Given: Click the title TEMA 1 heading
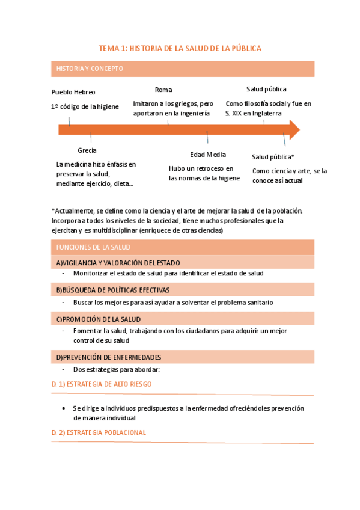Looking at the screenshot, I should click(x=180, y=48).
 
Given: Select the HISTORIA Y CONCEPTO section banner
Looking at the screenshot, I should click(x=90, y=69).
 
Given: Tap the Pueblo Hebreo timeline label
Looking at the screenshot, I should click(x=73, y=92).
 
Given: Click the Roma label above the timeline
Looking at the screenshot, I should click(x=163, y=90).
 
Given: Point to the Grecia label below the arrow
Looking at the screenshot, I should click(x=87, y=150).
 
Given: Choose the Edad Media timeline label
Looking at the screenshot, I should click(x=207, y=155).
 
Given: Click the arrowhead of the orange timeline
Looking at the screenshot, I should click(x=294, y=129).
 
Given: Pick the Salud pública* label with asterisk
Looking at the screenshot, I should click(x=273, y=157).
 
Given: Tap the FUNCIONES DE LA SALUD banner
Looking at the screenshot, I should click(x=93, y=247).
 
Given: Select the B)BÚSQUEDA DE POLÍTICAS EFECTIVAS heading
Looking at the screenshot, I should click(x=113, y=290).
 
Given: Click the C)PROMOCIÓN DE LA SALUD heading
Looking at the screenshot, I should click(x=99, y=319).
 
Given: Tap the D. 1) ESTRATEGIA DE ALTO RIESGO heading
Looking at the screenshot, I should click(x=102, y=384).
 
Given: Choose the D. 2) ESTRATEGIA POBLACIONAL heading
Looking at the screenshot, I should click(x=99, y=432).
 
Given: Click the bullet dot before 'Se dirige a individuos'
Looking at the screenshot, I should click(x=64, y=408).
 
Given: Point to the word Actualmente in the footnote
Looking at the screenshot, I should click(x=72, y=210).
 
